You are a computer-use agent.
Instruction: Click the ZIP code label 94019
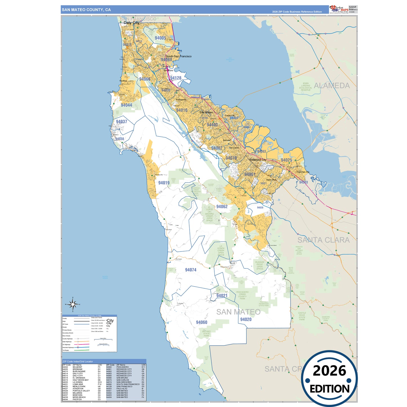164,183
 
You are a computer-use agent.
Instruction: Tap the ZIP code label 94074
191,270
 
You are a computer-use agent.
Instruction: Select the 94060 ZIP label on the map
202,322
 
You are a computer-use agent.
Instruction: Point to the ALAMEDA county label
332,86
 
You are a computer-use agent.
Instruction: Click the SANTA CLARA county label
323,240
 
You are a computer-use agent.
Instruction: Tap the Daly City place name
132,23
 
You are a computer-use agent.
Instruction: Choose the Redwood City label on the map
257,160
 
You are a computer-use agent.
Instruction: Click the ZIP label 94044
126,105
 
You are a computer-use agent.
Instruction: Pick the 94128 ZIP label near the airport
176,78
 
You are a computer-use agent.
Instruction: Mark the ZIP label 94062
222,206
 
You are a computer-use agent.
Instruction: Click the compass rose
73,304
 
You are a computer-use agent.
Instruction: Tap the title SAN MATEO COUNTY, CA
86,10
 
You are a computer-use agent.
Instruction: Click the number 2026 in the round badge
329,371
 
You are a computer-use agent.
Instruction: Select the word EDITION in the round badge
330,389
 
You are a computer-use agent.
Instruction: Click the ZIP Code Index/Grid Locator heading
78,361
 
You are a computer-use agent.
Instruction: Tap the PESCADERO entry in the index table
123,367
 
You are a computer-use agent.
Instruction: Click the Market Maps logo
339,9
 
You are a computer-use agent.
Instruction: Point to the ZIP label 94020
246,319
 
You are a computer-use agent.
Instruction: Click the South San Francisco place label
179,56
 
